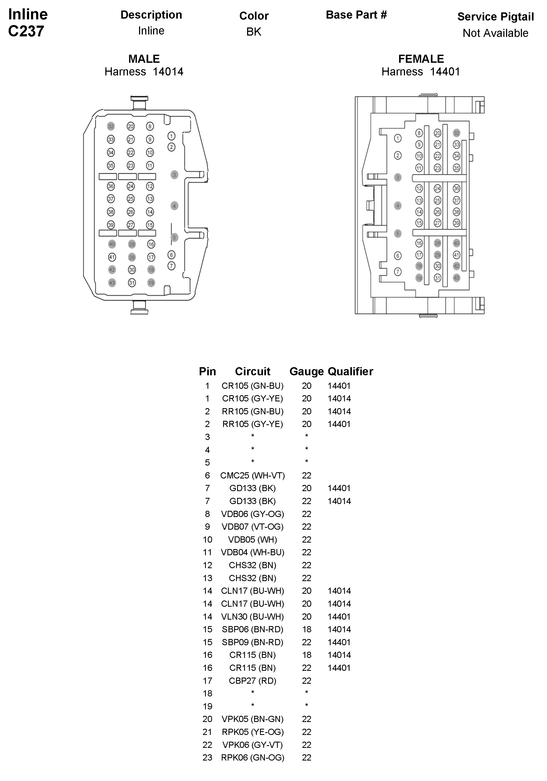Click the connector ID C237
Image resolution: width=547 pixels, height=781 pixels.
pos(26,31)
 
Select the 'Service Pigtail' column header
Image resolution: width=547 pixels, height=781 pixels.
pos(495,17)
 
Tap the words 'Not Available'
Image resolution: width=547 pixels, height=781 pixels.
pos(495,33)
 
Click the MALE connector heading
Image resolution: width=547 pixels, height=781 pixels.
pos(144,59)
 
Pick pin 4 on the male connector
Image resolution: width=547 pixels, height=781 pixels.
pos(174,206)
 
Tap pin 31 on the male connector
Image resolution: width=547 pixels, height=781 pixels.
pos(132,283)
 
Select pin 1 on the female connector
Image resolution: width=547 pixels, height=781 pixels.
pos(398,138)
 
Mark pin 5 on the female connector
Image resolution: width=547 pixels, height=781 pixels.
pos(398,233)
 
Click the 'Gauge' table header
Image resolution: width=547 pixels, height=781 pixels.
pos(306,372)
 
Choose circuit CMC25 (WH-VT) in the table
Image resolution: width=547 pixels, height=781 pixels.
pos(252,475)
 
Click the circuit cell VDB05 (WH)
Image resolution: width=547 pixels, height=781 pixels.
pos(252,540)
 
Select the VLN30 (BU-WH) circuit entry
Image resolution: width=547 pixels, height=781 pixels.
pos(252,616)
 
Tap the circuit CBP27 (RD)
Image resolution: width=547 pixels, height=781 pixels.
pos(252,681)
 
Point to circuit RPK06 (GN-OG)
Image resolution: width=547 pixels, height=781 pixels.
pos(252,758)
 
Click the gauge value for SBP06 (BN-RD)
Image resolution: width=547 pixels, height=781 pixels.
pos(306,629)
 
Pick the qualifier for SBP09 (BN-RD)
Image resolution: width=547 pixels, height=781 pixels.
pos(339,642)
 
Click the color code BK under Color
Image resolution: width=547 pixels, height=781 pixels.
pos(254,32)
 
